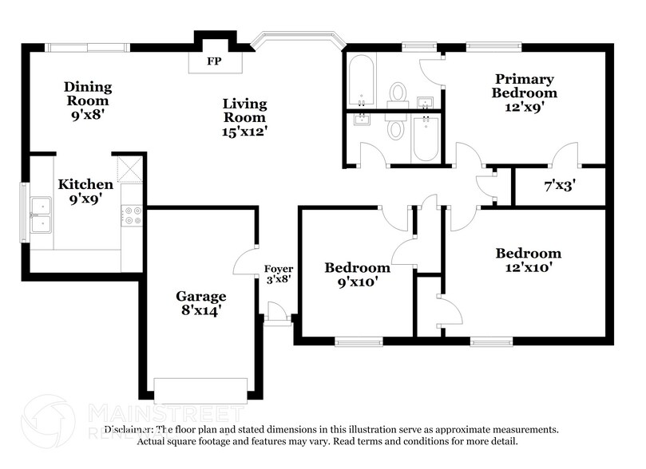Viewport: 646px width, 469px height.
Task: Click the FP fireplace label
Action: click(x=214, y=61)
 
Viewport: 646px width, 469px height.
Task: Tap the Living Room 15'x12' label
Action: click(x=244, y=117)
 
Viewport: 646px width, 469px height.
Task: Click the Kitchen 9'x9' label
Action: click(x=85, y=191)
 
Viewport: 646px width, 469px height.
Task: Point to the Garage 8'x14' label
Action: click(x=200, y=303)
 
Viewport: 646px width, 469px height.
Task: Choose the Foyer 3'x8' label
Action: click(x=278, y=274)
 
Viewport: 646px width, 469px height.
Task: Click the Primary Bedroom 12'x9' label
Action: click(x=524, y=86)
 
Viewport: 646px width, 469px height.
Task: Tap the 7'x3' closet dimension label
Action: click(x=560, y=186)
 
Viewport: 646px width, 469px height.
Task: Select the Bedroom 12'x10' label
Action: click(x=528, y=260)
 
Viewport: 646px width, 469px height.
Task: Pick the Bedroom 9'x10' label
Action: click(x=357, y=274)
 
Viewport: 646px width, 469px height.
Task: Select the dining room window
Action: click(x=84, y=47)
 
